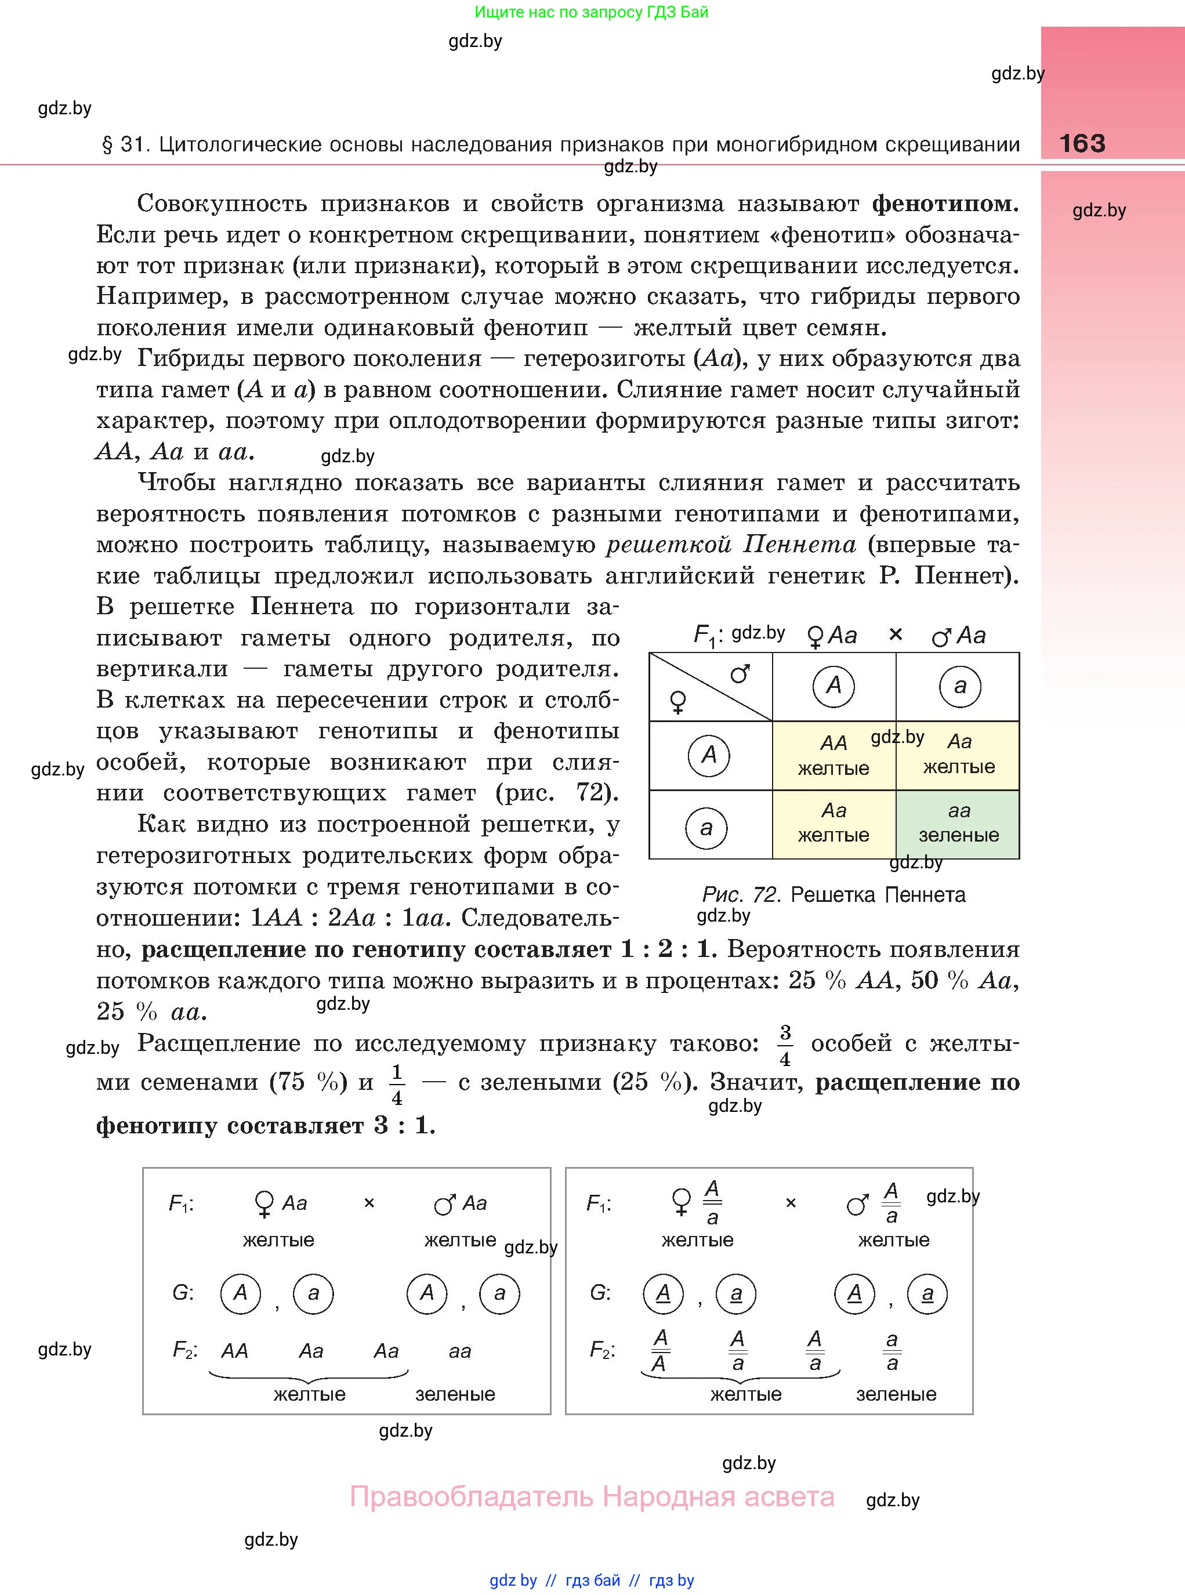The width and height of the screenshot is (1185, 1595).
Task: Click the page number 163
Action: click(1082, 143)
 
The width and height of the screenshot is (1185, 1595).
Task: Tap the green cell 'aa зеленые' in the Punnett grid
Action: click(958, 824)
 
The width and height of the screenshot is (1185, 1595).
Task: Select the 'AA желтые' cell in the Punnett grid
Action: click(834, 756)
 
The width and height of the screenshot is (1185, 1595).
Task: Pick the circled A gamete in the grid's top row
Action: click(834, 686)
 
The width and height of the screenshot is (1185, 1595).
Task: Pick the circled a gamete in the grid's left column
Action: click(706, 828)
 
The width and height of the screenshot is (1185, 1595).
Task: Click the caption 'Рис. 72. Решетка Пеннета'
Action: click(834, 894)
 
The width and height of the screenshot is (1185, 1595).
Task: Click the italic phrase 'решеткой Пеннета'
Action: click(731, 545)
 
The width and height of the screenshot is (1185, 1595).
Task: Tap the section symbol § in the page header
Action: click(108, 145)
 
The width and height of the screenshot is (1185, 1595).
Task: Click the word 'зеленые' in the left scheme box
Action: click(455, 1394)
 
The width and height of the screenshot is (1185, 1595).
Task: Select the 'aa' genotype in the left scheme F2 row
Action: click(460, 1352)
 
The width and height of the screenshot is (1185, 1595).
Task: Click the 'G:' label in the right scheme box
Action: click(600, 1292)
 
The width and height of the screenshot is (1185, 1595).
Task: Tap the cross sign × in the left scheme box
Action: click(369, 1203)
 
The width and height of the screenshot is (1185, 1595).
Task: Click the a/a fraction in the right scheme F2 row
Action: click(892, 1351)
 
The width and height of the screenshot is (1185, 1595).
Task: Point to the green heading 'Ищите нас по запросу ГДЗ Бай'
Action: click(591, 12)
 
